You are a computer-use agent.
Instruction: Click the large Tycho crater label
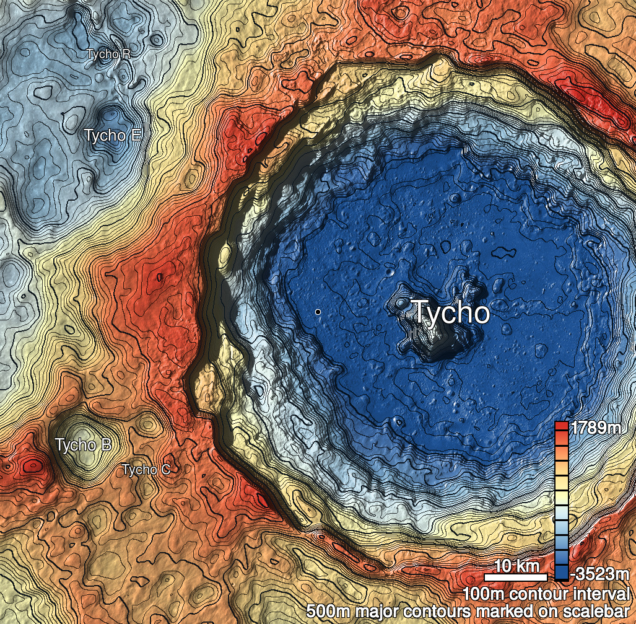click(451, 312)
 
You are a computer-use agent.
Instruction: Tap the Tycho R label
click(108, 54)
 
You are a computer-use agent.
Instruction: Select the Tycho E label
click(112, 135)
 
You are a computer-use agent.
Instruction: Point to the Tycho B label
click(84, 445)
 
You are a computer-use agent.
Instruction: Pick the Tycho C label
click(146, 470)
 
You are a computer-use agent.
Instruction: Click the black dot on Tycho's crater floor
click(318, 312)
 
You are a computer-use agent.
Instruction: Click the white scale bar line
click(515, 578)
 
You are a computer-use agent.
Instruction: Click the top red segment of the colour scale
click(561, 427)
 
